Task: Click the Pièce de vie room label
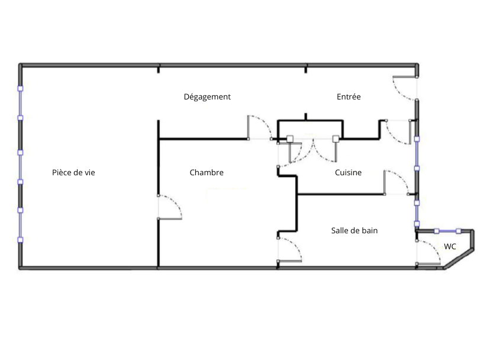pyautogui.click(x=73, y=173)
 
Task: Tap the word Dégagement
pyautogui.click(x=207, y=97)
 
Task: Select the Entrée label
pyautogui.click(x=349, y=97)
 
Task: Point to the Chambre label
pyautogui.click(x=207, y=173)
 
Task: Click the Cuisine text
pyautogui.click(x=349, y=173)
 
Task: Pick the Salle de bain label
pyautogui.click(x=355, y=230)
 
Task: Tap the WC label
pyautogui.click(x=450, y=246)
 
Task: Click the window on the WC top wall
pyautogui.click(x=447, y=231)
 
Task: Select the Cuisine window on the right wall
pyautogui.click(x=417, y=154)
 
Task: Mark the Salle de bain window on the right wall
pyautogui.click(x=417, y=213)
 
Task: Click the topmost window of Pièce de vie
pyautogui.click(x=20, y=103)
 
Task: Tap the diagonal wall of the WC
pyautogui.click(x=459, y=260)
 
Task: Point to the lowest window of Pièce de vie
pyautogui.click(x=20, y=225)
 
